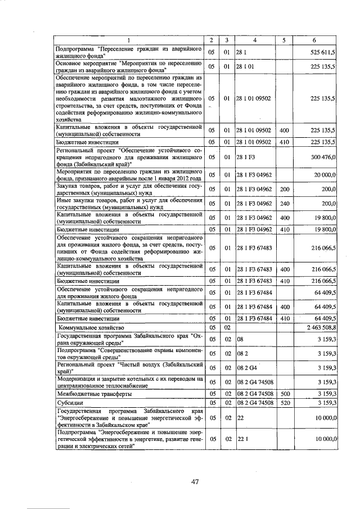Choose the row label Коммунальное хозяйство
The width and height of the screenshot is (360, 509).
[x=92, y=327]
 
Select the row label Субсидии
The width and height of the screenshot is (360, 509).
[x=68, y=403]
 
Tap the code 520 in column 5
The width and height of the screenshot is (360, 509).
[x=284, y=403]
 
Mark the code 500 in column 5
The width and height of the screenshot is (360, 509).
[x=284, y=394]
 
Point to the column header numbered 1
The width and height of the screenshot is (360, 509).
[x=128, y=40]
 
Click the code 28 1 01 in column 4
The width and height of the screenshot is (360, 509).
[x=246, y=66]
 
